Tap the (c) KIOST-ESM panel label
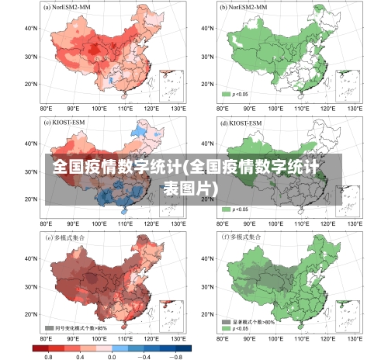point(65,122)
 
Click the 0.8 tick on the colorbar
point(48,356)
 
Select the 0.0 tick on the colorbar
point(112,356)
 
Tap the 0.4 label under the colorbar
point(80,356)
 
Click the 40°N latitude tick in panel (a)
point(32,29)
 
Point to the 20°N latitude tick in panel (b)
point(207,84)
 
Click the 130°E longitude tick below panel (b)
point(354,109)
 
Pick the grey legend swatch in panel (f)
point(227,320)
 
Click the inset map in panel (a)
point(171,85)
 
